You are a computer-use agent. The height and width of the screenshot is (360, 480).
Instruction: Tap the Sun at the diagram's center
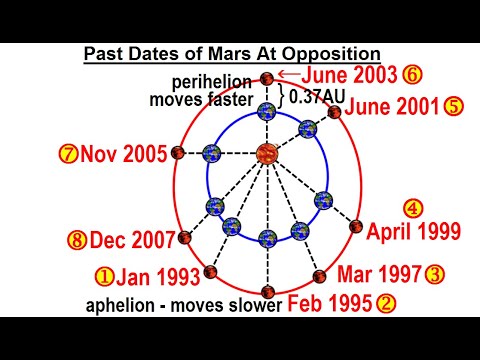click(x=267, y=153)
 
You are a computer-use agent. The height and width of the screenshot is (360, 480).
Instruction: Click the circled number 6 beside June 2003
click(x=411, y=73)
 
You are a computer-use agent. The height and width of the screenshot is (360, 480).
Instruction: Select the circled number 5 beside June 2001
click(x=454, y=107)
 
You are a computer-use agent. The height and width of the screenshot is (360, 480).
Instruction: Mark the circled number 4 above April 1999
click(x=413, y=209)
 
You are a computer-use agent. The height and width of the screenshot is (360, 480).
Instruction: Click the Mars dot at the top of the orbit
click(x=267, y=78)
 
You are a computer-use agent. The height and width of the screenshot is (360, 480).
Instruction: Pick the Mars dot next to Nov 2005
click(x=178, y=153)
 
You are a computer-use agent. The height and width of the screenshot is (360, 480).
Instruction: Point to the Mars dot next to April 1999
click(x=356, y=227)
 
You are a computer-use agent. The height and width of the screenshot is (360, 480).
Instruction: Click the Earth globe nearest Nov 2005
click(x=212, y=153)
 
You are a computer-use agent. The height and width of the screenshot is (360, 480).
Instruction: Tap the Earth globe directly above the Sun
click(x=267, y=112)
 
